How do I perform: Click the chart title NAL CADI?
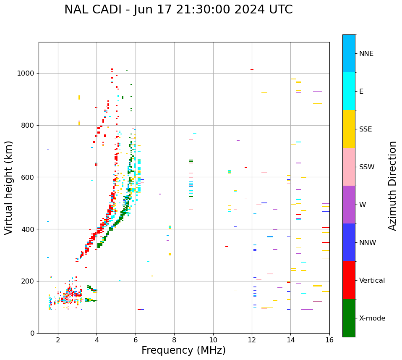[178, 10]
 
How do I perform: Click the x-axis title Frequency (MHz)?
[183, 350]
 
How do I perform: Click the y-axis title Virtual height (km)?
[9, 187]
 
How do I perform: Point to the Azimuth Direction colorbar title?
[392, 185]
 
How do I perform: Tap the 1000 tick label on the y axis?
[26, 74]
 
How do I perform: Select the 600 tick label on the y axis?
[28, 177]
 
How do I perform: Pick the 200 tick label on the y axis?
[28, 281]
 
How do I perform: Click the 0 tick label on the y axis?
[32, 333]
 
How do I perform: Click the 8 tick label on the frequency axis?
[174, 339]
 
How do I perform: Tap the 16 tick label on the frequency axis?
[329, 339]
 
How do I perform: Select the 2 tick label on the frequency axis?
[58, 339]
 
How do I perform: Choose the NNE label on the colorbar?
[366, 54]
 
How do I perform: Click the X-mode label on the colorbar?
[372, 318]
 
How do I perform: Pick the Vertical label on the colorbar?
[372, 281]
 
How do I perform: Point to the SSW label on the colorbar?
[367, 167]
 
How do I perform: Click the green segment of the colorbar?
[349, 318]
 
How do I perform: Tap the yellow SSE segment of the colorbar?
[349, 129]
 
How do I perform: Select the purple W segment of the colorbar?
[349, 205]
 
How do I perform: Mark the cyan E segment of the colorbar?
[349, 91]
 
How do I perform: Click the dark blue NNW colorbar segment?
[349, 242]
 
